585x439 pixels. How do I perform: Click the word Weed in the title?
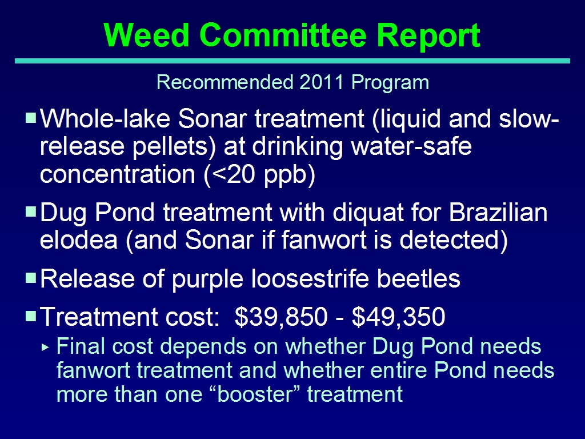[147, 35]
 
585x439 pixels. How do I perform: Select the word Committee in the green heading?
[283, 35]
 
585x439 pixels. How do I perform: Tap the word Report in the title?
[428, 36]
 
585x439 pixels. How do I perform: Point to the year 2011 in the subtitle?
[321, 82]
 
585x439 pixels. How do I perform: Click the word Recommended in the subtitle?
[225, 82]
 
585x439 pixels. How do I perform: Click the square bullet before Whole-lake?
[31, 118]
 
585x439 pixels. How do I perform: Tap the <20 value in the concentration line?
[230, 174]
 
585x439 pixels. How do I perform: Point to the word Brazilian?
[498, 212]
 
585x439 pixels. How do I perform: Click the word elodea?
[79, 240]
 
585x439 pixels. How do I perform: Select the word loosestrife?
[310, 279]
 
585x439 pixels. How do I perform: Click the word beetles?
[419, 279]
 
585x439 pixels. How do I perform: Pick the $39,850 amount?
[281, 317]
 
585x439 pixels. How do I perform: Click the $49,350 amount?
[398, 317]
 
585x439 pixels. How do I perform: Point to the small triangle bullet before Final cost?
[45, 347]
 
